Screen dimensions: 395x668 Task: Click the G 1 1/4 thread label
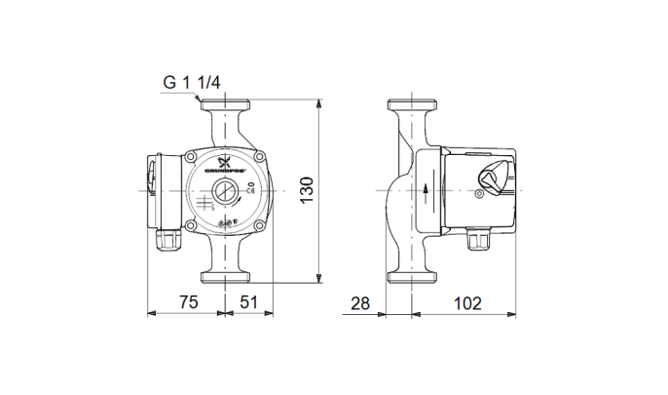pos(191,82)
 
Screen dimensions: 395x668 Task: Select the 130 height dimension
pos(307,188)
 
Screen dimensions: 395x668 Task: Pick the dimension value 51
pos(248,303)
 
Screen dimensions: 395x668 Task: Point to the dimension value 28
pos(360,303)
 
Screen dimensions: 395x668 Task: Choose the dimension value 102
pos(468,303)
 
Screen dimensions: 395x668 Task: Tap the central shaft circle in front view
pos(224,192)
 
